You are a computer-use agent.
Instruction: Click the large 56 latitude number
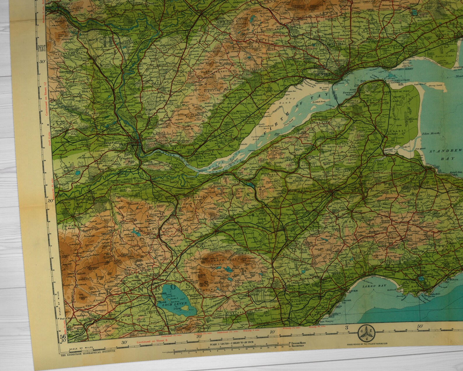pyautogui.click(x=63, y=337)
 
